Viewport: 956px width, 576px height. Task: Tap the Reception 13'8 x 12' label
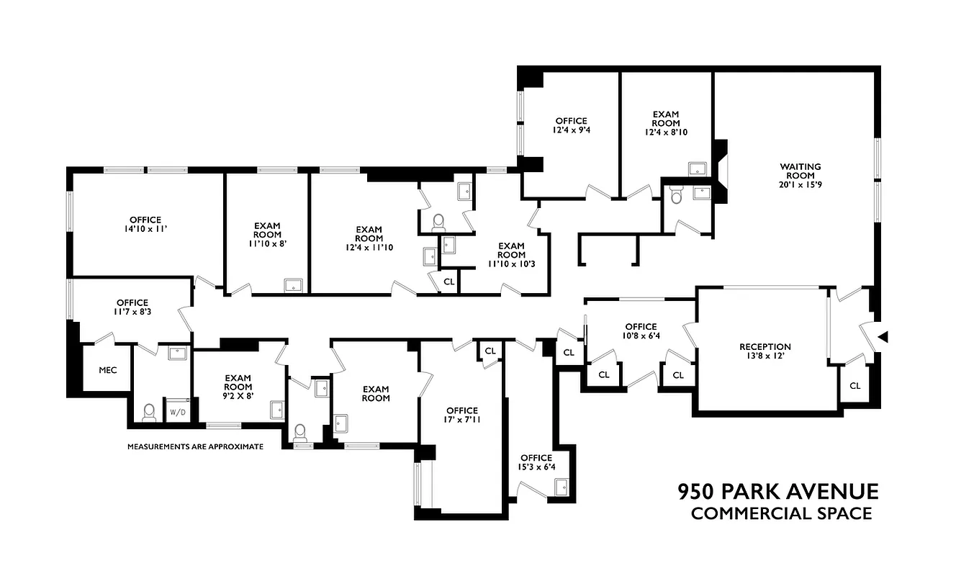tap(765, 351)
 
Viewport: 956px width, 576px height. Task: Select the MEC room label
tap(107, 370)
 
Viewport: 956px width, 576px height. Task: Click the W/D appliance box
tap(177, 412)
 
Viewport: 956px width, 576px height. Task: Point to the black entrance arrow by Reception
tap(884, 336)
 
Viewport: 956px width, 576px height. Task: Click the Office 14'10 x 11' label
tap(145, 224)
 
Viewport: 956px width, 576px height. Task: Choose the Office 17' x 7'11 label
tap(461, 415)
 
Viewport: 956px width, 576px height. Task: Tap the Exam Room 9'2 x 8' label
tap(238, 386)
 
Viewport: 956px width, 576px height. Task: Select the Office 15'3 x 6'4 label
tap(536, 462)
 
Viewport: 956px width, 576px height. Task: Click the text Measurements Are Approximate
tap(195, 446)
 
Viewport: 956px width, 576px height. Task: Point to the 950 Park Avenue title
tap(778, 492)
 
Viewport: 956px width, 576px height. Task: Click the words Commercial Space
tap(781, 514)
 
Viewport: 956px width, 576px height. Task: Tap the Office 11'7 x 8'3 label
tap(132, 307)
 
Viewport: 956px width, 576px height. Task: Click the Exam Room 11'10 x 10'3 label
tap(511, 254)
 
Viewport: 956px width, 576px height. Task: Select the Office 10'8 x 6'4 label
tap(641, 330)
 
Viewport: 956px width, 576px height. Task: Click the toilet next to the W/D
tap(149, 412)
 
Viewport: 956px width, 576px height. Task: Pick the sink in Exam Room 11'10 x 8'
tap(294, 284)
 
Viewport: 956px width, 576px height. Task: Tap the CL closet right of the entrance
tap(854, 386)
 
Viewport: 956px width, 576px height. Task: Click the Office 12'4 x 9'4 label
tap(571, 126)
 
